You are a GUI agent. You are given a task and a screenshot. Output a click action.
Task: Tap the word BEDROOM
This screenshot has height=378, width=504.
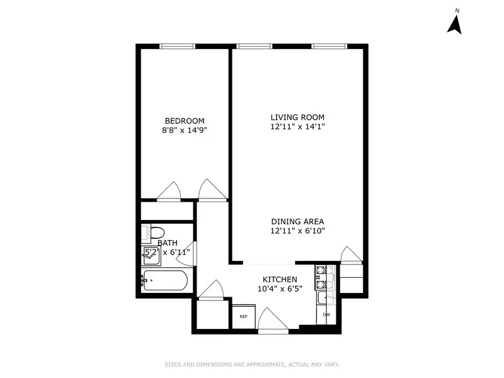coord(185,121)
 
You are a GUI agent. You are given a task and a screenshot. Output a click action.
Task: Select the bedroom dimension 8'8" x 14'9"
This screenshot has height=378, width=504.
coord(185,130)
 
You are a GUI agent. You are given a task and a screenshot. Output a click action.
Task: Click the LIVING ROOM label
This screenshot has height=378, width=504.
coord(297,117)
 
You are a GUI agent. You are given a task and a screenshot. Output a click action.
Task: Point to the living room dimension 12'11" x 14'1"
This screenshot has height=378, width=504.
coord(297,127)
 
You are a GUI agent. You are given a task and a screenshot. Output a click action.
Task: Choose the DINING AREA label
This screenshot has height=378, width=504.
coord(297,221)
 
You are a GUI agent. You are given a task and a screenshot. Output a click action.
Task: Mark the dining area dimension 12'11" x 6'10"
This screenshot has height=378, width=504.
coord(297,231)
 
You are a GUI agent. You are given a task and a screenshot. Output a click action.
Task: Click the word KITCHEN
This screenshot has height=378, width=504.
coord(280,279)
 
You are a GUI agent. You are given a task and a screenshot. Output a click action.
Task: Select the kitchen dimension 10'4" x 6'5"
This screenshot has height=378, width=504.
coord(280,289)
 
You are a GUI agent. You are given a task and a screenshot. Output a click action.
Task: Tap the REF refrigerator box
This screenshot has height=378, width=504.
coord(243,316)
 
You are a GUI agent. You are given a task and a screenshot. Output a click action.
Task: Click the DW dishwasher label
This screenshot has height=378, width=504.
coord(326,314)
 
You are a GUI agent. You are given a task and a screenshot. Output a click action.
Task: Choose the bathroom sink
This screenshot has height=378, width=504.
coord(151,255)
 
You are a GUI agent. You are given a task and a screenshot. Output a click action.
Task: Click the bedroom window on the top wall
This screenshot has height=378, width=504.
coord(177,46)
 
